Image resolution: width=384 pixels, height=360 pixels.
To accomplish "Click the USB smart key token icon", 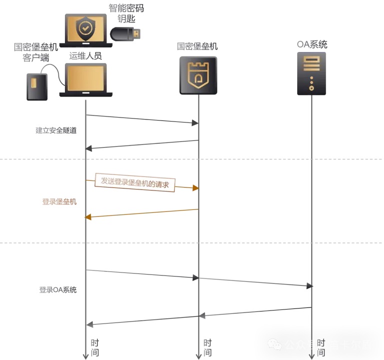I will coord(125,34).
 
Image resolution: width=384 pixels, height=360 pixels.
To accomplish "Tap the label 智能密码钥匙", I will coord(125,13).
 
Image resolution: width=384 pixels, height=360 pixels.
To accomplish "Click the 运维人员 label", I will coord(85,55).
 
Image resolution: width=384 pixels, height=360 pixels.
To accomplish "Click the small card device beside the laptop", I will coord(37,86).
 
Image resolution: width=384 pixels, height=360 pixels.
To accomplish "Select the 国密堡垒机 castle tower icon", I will coord(198,75).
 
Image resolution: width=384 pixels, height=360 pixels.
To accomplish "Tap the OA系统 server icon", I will coord(312,73).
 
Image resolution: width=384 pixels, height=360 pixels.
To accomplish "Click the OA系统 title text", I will coord(312,44).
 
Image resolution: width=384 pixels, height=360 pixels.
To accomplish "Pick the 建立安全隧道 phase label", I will coord(56,130).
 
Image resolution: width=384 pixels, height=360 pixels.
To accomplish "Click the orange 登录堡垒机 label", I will coord(59,202).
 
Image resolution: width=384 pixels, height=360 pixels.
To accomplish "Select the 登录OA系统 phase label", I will coord(58,290).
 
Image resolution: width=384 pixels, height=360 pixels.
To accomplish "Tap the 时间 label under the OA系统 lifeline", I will coord(321,347).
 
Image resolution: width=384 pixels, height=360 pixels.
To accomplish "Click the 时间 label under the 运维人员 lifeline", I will coord(95,347).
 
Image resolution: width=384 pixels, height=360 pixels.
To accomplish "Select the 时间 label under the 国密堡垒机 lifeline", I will coord(207,347).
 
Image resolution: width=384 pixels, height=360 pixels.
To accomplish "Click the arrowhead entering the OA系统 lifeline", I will coord(310,285).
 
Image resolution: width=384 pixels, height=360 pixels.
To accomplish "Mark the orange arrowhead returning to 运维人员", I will coord(89,216).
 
